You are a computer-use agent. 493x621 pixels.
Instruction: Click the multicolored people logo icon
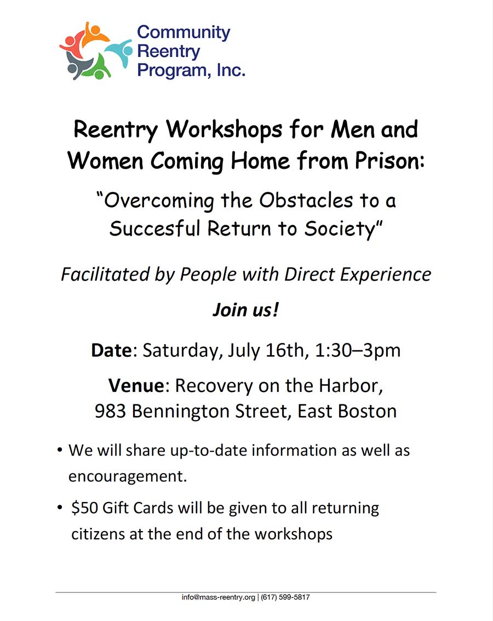(95, 51)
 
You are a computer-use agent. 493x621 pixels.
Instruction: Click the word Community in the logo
(184, 32)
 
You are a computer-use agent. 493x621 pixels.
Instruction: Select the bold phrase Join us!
(246, 310)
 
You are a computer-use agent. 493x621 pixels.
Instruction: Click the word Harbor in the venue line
(348, 386)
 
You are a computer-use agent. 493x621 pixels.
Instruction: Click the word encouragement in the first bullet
(128, 476)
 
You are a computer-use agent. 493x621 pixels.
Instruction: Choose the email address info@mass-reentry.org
(219, 597)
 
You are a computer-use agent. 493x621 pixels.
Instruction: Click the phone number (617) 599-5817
(285, 597)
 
